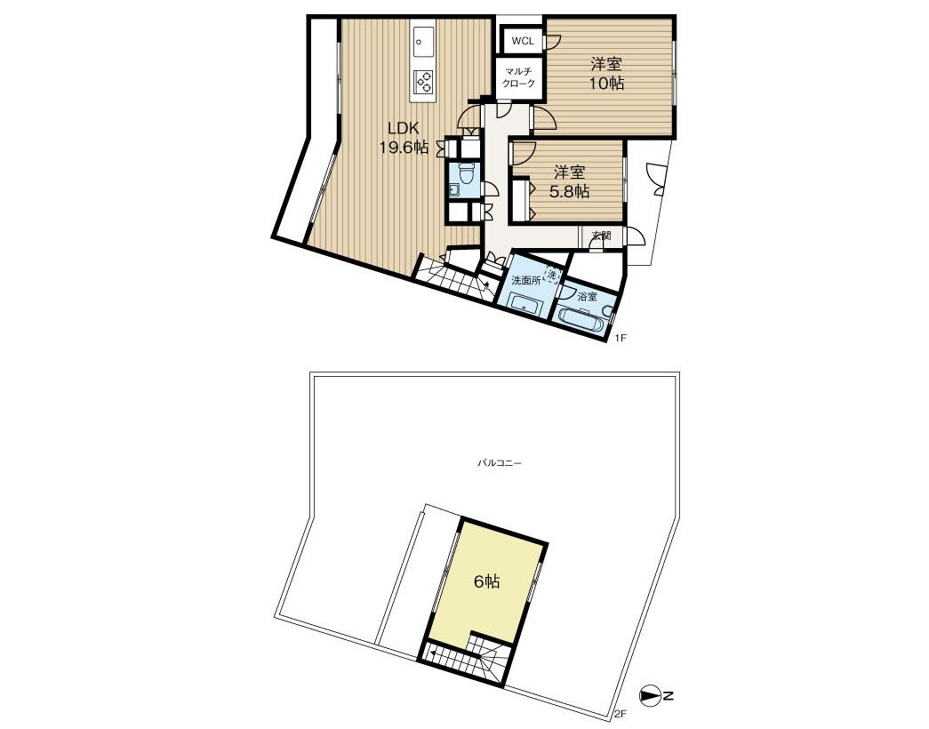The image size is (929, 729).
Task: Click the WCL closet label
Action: pyautogui.click(x=523, y=42)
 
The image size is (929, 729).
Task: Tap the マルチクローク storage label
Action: pyautogui.click(x=519, y=78)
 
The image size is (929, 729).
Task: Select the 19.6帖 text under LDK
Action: pyautogui.click(x=404, y=147)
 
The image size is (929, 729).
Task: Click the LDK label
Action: pyautogui.click(x=404, y=127)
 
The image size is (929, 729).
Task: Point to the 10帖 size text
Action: pyautogui.click(x=607, y=83)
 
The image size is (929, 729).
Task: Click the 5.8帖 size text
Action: pyautogui.click(x=569, y=191)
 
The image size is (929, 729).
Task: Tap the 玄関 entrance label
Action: pyautogui.click(x=601, y=236)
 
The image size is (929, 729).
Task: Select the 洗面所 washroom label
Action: pyautogui.click(x=526, y=282)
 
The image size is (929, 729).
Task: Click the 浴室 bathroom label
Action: pyautogui.click(x=587, y=296)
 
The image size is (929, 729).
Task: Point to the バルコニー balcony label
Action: pyautogui.click(x=500, y=463)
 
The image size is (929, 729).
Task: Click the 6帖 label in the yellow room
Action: pyautogui.click(x=487, y=581)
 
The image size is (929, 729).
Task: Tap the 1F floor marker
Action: pyautogui.click(x=621, y=339)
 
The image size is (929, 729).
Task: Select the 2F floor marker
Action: pyautogui.click(x=621, y=714)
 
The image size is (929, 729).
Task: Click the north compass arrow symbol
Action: pyautogui.click(x=650, y=696)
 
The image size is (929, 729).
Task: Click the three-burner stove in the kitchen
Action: pyautogui.click(x=424, y=81)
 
